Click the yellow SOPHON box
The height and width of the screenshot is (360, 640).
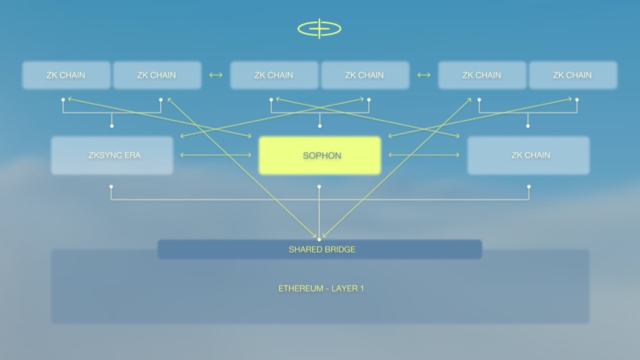319,155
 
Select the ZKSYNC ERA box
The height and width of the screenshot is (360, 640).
112,155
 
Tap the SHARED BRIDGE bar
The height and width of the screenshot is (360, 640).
319,249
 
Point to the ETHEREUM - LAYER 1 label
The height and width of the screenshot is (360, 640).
321,288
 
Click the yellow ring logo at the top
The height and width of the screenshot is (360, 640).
319,28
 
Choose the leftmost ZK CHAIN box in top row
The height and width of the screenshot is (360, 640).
66,75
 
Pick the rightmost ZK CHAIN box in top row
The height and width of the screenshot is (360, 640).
573,75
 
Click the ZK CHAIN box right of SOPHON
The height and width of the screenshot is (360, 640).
528,155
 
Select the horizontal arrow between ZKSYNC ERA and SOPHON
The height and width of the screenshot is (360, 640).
215,155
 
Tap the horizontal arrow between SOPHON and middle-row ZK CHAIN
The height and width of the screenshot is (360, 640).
424,155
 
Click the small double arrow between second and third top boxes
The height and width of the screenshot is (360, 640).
215,75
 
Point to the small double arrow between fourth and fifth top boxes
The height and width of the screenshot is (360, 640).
423,75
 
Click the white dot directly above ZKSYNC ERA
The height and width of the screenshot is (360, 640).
111,126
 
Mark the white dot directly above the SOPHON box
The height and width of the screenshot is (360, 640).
319,126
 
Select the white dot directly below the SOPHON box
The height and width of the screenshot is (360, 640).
319,187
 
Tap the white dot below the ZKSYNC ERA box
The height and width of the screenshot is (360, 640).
111,187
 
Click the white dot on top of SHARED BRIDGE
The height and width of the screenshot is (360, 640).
319,239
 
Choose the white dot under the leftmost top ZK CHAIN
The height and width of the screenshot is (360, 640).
63,99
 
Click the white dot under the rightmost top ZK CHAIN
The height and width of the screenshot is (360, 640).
577,99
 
